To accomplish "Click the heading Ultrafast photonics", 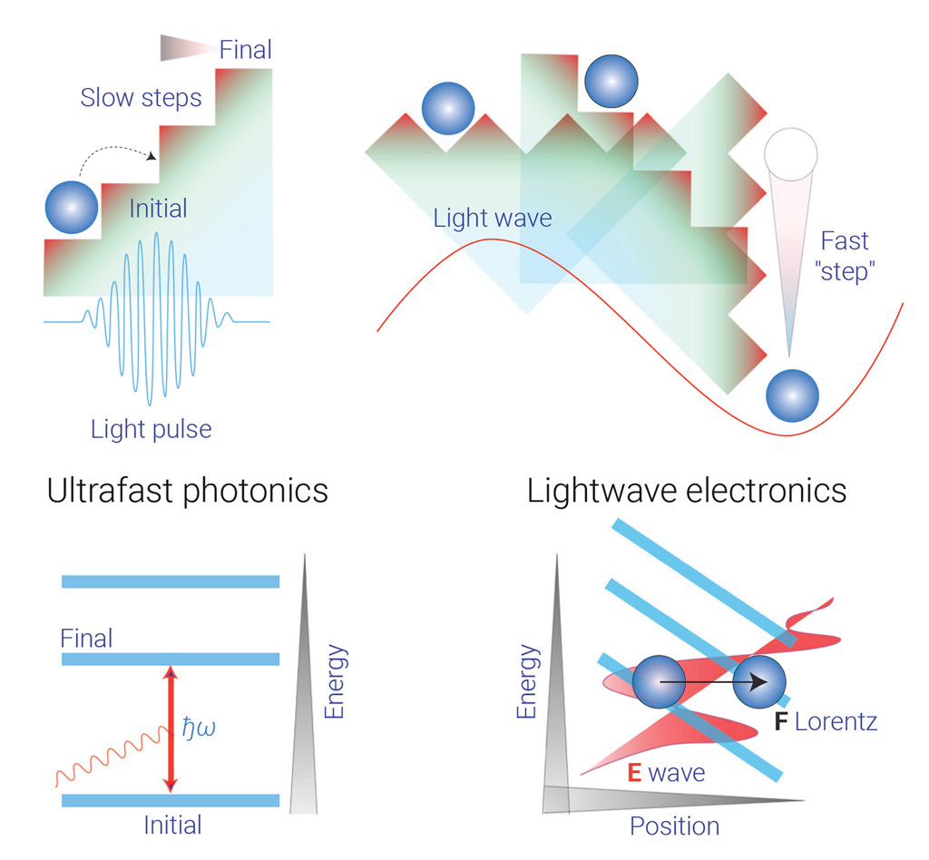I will coord(187,491).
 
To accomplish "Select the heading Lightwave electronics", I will coord(687,491).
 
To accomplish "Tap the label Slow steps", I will coord(141,98).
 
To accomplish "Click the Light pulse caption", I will coord(151,428).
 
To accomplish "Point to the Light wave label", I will coord(492,218).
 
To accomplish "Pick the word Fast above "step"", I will coord(844,241).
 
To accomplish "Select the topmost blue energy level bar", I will coord(170,581).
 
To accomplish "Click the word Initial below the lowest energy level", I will coord(172,825).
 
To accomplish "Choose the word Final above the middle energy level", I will coord(86,639).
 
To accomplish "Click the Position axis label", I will coord(674,826).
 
